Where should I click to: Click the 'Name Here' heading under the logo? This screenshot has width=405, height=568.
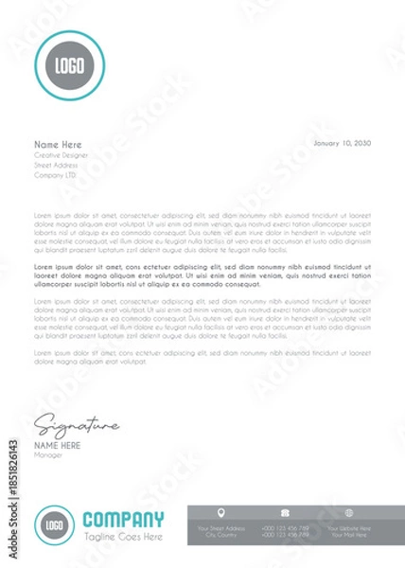[59, 144]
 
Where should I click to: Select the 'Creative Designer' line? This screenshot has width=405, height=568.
[62, 154]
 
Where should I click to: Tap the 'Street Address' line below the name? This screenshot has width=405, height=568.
[56, 165]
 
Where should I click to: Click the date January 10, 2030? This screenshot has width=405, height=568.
[341, 142]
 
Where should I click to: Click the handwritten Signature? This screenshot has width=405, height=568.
[76, 424]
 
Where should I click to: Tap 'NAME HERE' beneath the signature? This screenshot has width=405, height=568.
[58, 445]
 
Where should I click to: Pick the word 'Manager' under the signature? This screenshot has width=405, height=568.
[47, 454]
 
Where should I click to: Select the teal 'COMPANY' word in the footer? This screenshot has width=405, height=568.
[123, 519]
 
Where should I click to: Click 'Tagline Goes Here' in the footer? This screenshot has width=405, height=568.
[123, 537]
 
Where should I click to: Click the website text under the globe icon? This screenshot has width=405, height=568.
[349, 531]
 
